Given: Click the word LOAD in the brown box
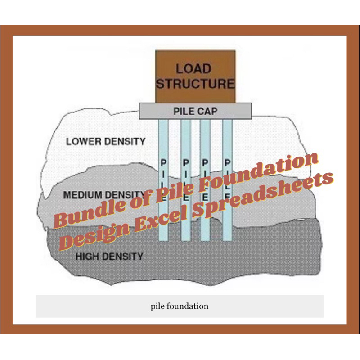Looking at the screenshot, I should (193, 69).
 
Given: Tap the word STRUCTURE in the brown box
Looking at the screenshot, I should (195, 84).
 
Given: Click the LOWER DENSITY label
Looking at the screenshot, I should (106, 141).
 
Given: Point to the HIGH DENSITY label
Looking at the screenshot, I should (109, 257).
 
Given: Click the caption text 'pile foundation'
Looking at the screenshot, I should (180, 306).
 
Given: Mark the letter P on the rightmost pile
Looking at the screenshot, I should (228, 162).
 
